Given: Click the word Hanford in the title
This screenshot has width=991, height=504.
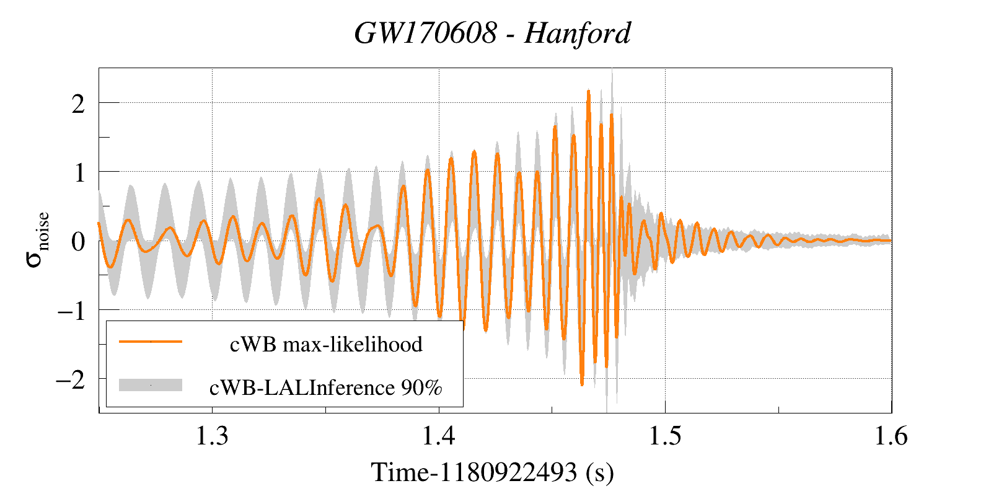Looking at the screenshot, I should pos(577,33).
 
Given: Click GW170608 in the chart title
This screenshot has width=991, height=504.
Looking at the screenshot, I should pos(425,33).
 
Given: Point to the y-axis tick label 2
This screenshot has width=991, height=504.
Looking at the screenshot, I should pos(78,104).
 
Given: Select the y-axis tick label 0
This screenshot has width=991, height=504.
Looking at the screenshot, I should pos(78,242).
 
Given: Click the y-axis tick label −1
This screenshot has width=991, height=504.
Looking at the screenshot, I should pos(71,311).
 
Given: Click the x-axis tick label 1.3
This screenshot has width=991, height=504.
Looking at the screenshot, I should pos(212,436).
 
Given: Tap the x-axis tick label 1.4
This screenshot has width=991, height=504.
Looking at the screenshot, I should pos(439,436).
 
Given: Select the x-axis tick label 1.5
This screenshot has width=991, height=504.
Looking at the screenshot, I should pos(665,436).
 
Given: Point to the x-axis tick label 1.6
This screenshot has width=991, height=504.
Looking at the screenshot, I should pos(891,436).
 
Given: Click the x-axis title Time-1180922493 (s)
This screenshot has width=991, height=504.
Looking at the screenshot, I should pos(492,472).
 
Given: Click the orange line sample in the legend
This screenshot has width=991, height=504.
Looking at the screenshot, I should pos(151,342).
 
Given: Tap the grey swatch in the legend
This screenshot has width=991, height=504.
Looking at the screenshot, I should pos(151,385).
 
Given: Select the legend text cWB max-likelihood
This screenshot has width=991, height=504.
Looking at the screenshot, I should pos(326,344).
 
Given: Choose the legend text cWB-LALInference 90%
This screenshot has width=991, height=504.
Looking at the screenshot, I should pos(326,387).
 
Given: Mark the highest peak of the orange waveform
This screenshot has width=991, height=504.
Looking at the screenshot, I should pos(588,91).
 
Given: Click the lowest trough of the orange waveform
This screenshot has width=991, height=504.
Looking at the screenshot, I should pos(581,385).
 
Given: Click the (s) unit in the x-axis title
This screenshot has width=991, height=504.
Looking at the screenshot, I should pos(599,472).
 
